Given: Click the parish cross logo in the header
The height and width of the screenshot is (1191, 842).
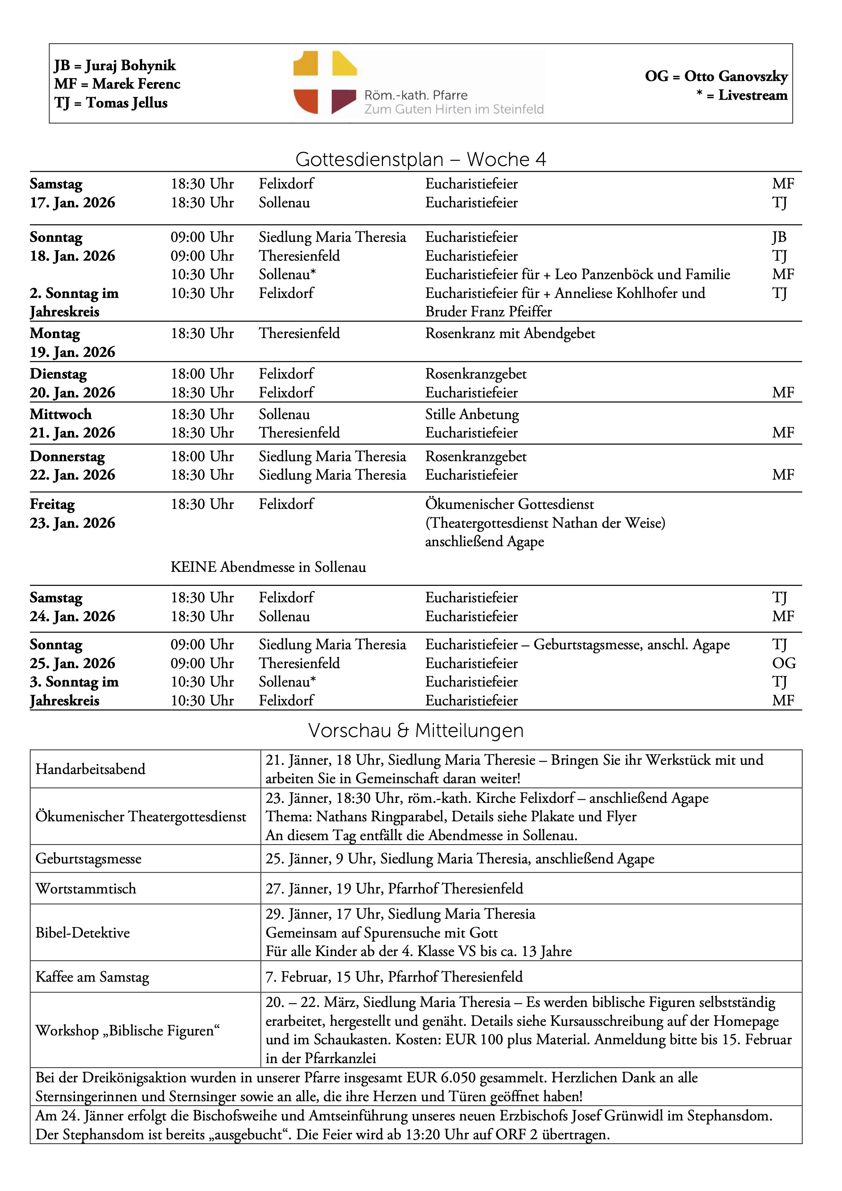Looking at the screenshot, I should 325,83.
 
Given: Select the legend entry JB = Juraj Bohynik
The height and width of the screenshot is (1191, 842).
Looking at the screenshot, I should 115,65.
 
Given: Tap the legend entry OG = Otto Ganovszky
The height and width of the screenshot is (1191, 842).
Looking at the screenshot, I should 716,76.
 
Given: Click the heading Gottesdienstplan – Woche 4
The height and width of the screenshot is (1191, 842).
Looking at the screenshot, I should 421,159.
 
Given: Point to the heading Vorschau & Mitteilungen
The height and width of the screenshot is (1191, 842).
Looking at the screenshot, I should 416,730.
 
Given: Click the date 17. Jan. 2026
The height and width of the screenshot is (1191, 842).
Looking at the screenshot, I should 72,202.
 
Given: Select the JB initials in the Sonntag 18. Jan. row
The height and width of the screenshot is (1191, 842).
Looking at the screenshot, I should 779,237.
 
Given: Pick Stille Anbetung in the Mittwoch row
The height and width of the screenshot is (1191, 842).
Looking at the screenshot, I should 472,414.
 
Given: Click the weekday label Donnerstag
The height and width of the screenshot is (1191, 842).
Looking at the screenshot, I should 67,456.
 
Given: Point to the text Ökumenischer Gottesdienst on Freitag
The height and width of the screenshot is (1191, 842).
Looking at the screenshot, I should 509,504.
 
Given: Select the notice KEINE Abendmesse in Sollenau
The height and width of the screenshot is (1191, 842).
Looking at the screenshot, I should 268,567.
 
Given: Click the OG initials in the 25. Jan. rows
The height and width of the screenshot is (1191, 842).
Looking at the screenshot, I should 783,663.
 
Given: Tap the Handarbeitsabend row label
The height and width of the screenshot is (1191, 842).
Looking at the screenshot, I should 90,769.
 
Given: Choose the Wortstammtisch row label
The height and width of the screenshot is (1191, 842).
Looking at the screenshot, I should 85,888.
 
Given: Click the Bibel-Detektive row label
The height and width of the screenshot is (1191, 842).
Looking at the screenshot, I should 83,932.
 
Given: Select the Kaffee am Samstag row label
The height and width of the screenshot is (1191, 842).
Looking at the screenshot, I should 92,977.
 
